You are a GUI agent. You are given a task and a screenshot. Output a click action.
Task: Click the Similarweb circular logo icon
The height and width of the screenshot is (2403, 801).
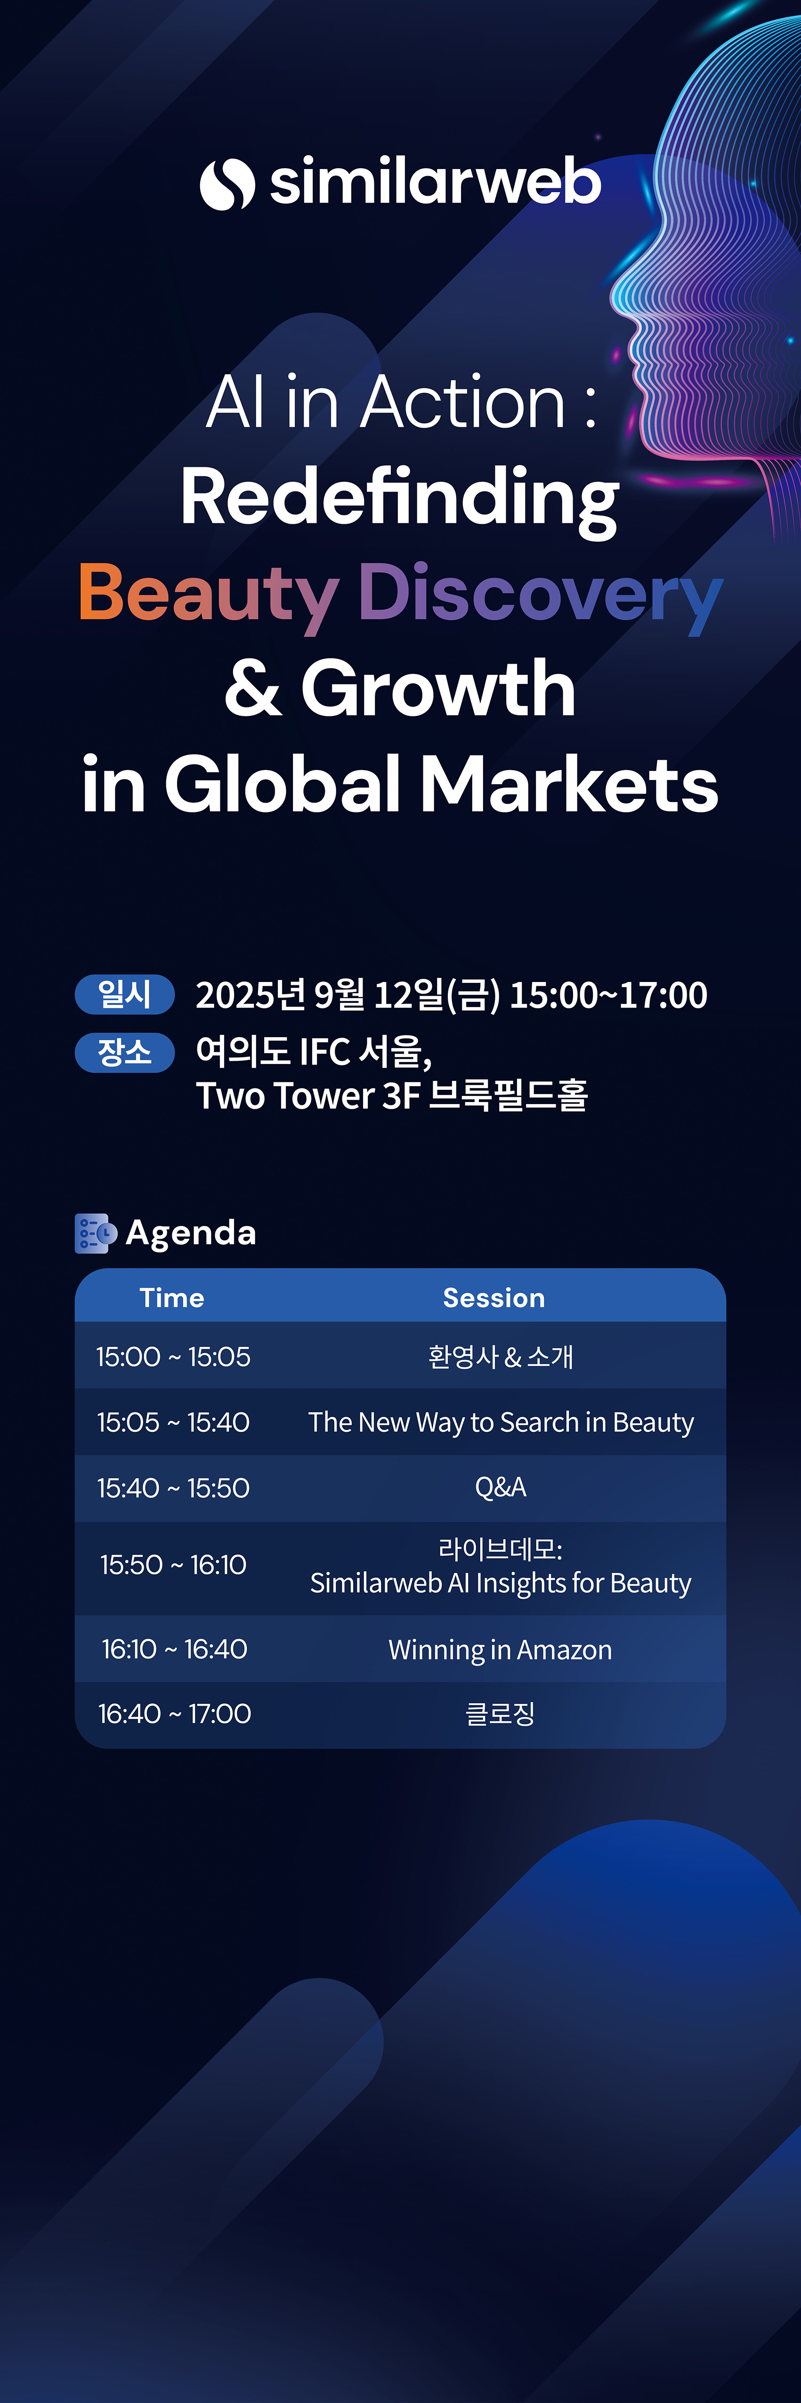(227, 184)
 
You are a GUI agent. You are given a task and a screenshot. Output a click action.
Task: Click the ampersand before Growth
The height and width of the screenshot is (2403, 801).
(253, 689)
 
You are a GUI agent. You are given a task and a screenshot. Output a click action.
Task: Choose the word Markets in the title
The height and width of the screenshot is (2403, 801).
(570, 784)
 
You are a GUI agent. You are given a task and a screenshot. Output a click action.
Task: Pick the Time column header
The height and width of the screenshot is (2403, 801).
(171, 1298)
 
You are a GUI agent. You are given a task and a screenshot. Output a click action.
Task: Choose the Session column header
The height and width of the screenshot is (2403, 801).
(494, 1298)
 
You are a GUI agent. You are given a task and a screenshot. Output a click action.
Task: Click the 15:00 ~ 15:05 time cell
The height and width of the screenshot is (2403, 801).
(173, 1356)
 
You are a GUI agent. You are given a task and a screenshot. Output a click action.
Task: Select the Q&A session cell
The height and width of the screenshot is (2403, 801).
(501, 1487)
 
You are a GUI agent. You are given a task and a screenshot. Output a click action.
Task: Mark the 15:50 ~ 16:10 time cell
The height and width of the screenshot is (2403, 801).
(173, 1564)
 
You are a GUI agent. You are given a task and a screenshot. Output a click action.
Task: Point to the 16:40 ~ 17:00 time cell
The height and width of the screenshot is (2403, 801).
(174, 1713)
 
